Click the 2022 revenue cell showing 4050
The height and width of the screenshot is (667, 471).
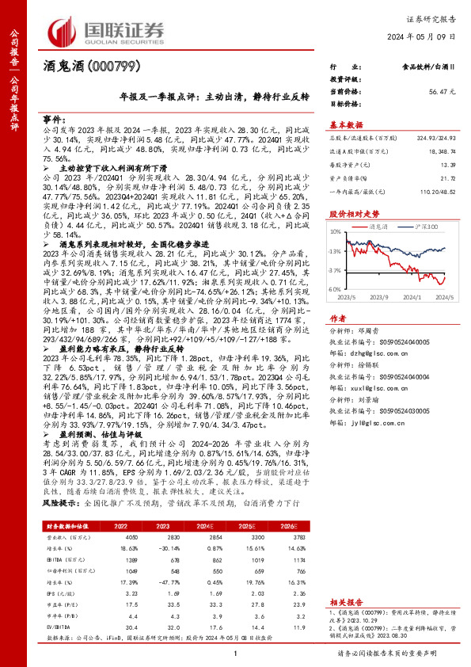pyautogui.click(x=109, y=536)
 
